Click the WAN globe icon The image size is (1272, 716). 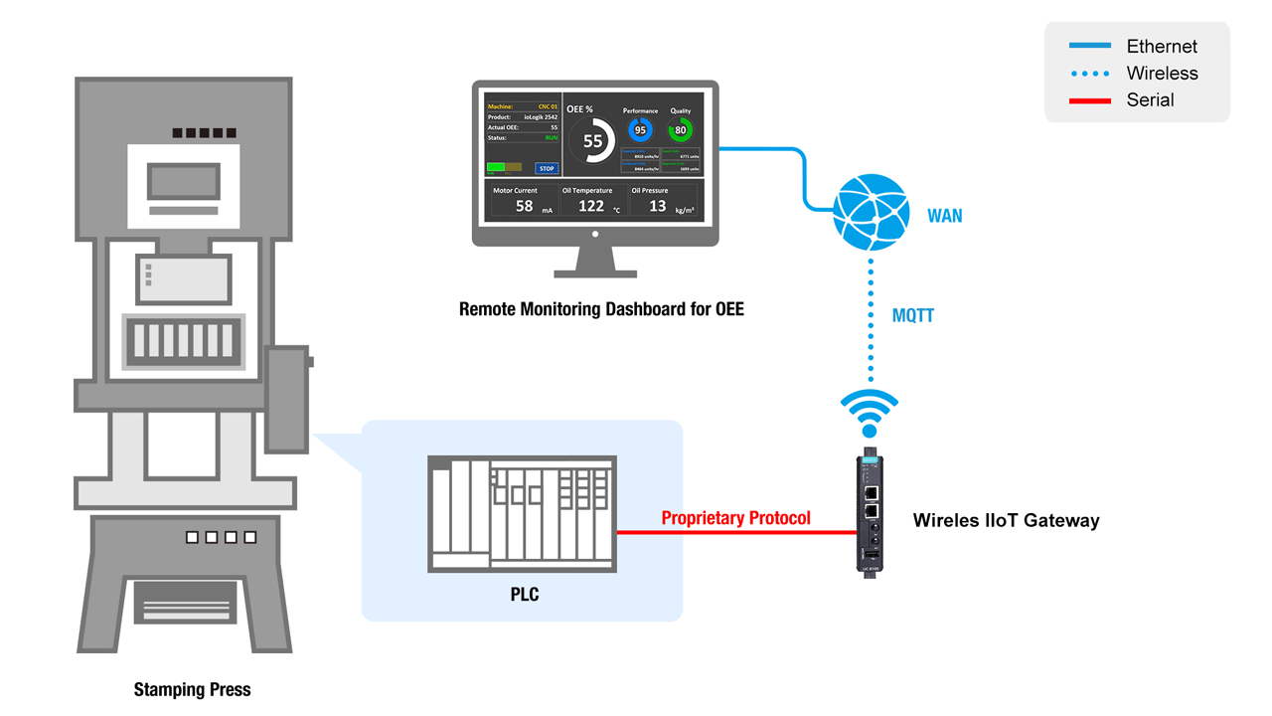(871, 212)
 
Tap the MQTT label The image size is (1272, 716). (913, 316)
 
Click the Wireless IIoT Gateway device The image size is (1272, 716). (870, 513)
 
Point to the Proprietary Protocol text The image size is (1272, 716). (735, 518)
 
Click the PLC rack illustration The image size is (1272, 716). (522, 513)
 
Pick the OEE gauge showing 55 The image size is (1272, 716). (592, 141)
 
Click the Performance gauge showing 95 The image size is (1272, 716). (640, 130)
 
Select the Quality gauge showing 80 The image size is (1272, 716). (681, 130)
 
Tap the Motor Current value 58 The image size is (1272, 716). (524, 206)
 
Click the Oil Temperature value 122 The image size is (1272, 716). (591, 206)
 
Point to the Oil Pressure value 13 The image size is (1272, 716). (657, 206)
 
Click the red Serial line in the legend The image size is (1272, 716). (1089, 100)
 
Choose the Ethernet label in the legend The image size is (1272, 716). (1161, 47)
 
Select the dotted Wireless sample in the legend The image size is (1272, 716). (1089, 74)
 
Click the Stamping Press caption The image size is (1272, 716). (192, 690)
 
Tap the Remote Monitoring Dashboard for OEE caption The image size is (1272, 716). (600, 309)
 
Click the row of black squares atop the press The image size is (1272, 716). (204, 132)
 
